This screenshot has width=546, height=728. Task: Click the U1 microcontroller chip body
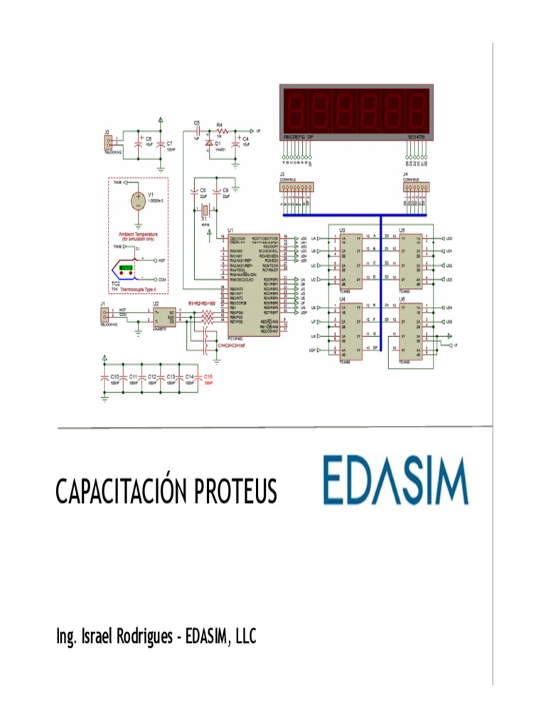(x=254, y=284)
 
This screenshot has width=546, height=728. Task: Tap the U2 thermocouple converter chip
(x=164, y=315)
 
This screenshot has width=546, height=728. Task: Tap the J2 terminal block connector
(x=108, y=143)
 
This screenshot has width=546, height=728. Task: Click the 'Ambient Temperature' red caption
(x=139, y=233)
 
